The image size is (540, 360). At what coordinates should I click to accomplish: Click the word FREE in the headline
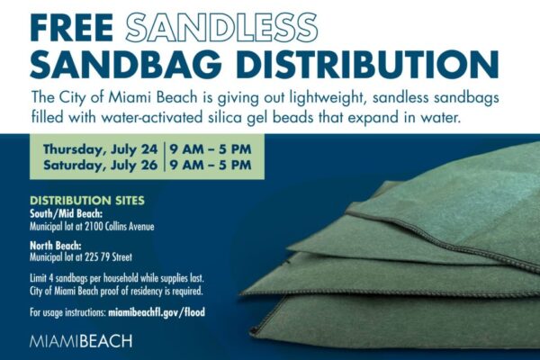tap(72, 28)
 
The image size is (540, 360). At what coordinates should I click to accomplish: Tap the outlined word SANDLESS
tap(221, 28)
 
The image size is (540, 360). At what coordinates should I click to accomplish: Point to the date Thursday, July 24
tap(100, 149)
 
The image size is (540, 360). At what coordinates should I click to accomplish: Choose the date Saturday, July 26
tap(100, 165)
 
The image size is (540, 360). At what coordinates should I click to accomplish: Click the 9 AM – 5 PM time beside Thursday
tap(211, 149)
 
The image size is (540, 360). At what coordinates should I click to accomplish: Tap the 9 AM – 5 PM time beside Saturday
tap(211, 165)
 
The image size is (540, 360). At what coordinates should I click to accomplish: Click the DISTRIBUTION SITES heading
tap(87, 201)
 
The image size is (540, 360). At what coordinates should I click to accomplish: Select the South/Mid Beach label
tap(66, 214)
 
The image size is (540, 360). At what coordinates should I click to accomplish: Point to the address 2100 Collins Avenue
tap(120, 227)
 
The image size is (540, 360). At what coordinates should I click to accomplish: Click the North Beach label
tap(56, 246)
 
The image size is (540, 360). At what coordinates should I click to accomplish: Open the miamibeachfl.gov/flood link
tap(157, 312)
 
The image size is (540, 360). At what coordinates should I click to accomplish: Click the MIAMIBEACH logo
tap(81, 341)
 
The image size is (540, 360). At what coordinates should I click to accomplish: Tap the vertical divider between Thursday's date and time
tap(165, 149)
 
